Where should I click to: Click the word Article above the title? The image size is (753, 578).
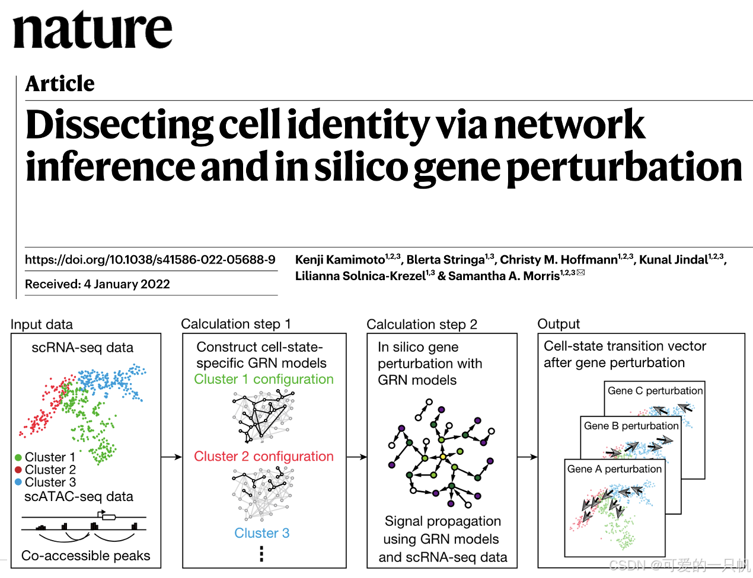(60, 84)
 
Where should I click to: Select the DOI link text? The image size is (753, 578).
(150, 259)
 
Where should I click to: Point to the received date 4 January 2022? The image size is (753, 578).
(127, 284)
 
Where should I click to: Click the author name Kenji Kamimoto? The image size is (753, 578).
(340, 259)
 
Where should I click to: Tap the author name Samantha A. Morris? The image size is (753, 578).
(504, 276)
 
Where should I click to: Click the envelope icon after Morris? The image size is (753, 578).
(580, 272)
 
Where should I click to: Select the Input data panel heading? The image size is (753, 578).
(42, 325)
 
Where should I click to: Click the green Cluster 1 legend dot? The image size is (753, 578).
(18, 457)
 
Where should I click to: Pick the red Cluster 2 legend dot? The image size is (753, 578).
(18, 470)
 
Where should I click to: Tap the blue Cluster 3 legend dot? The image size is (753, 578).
(18, 482)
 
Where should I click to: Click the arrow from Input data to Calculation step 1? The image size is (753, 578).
(171, 457)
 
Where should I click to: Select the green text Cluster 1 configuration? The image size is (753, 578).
(264, 379)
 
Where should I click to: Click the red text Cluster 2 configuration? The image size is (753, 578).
(264, 457)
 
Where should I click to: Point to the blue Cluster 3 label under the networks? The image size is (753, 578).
(261, 533)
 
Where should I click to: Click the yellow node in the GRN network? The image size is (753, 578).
(442, 457)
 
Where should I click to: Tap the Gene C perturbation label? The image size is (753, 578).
(655, 391)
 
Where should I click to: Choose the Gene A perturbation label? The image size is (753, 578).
(614, 469)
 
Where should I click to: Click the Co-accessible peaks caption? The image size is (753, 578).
(86, 555)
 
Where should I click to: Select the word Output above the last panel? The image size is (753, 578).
(559, 324)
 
